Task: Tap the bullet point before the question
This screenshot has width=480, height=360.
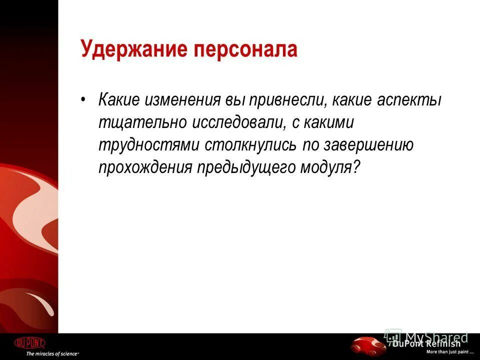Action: coord(83,98)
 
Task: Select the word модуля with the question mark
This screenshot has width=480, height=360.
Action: coord(330,167)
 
